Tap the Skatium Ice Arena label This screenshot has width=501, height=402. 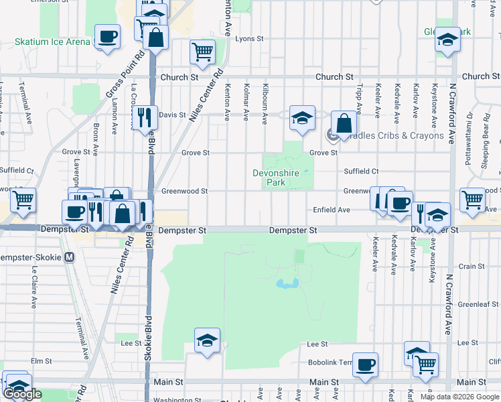point(52,42)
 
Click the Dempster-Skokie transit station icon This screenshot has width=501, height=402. point(70,257)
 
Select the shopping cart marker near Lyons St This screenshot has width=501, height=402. point(202,52)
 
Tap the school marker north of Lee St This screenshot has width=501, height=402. point(208,341)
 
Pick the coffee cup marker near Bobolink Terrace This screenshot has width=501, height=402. point(366,365)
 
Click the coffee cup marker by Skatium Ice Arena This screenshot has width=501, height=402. point(107,37)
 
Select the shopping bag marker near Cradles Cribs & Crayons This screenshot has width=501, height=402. point(344,123)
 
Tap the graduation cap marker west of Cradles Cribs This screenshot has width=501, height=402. point(302,119)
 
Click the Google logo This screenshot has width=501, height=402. point(23,395)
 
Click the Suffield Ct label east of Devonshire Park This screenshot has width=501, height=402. point(361,172)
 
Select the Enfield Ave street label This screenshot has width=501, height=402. point(332,210)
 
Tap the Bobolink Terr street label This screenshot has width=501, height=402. point(336,362)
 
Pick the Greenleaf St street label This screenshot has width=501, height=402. point(476,304)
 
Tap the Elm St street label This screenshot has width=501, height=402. point(41,361)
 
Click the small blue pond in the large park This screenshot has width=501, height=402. point(287,284)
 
